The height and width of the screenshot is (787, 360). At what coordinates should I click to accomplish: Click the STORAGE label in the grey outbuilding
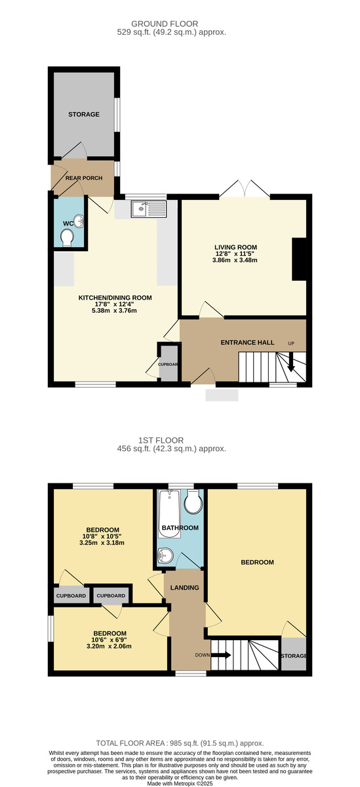point(84,114)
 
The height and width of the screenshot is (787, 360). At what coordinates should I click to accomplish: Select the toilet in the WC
point(66,242)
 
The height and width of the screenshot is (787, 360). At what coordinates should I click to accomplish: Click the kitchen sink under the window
point(150,209)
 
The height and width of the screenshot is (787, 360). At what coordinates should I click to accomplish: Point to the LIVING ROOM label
point(236,248)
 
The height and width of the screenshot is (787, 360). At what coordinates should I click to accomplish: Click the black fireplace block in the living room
point(300,260)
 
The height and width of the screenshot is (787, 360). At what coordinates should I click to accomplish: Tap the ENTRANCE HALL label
point(247,343)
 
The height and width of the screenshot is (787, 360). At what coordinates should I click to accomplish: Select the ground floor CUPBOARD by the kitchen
point(168,365)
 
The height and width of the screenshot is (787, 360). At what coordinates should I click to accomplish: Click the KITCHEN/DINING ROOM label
point(115,298)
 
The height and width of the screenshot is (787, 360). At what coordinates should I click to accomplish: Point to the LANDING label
point(184,588)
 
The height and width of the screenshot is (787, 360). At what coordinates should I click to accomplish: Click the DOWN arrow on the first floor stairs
point(222,655)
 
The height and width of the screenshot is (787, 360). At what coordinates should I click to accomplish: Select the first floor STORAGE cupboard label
point(293,656)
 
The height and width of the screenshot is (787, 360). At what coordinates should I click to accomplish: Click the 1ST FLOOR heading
point(180,440)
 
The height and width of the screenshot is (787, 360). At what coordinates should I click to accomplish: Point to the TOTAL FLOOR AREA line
point(180,743)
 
